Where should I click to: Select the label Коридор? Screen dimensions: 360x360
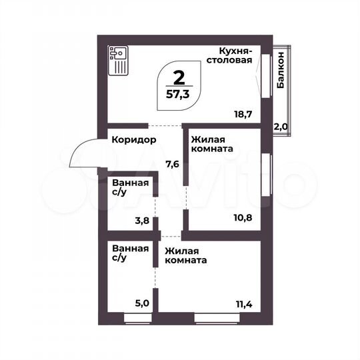pos(134,140)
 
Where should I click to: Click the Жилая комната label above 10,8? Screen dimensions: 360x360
pos(211,145)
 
